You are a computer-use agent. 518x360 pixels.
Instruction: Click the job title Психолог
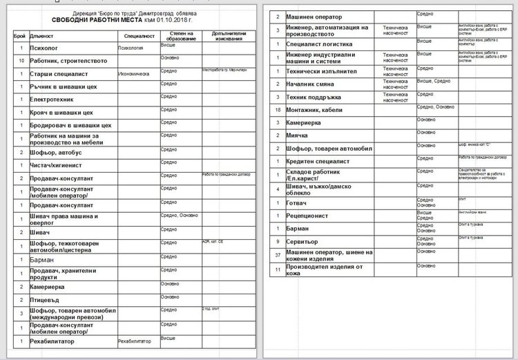(46, 49)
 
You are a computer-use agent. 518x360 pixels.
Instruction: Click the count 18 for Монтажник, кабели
(277, 109)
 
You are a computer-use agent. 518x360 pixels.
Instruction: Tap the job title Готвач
(300, 203)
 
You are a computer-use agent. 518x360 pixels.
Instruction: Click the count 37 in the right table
(277, 255)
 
